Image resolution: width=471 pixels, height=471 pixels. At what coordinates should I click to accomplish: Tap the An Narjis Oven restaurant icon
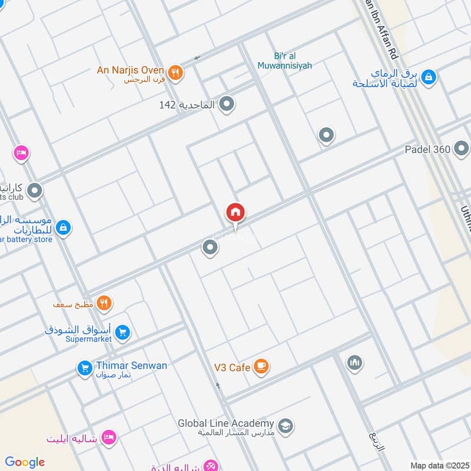click(175, 73)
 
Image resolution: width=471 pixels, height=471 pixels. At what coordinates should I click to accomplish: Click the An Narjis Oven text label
click(130, 70)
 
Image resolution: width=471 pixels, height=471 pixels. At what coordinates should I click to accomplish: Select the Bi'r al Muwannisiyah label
click(284, 61)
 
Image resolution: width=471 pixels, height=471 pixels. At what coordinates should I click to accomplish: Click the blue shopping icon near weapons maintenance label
click(429, 76)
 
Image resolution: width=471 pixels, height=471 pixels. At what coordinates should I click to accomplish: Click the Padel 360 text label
click(427, 150)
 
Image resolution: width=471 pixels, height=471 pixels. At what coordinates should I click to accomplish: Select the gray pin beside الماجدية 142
click(227, 105)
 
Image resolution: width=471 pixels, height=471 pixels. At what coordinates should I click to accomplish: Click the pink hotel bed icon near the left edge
click(21, 152)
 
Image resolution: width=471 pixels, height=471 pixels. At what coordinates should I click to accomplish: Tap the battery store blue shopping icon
click(64, 227)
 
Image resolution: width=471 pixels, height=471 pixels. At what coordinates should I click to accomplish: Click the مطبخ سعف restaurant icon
click(104, 303)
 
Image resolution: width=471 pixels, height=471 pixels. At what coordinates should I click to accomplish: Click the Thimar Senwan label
click(132, 366)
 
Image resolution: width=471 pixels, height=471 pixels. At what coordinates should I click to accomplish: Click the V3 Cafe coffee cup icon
click(261, 367)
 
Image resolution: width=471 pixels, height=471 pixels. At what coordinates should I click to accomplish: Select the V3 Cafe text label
click(232, 367)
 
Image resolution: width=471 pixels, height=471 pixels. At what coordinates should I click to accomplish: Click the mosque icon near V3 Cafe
click(353, 361)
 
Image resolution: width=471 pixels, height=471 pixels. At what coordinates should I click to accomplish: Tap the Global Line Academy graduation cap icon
click(286, 425)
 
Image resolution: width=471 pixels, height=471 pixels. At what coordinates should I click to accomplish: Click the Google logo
click(25, 462)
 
